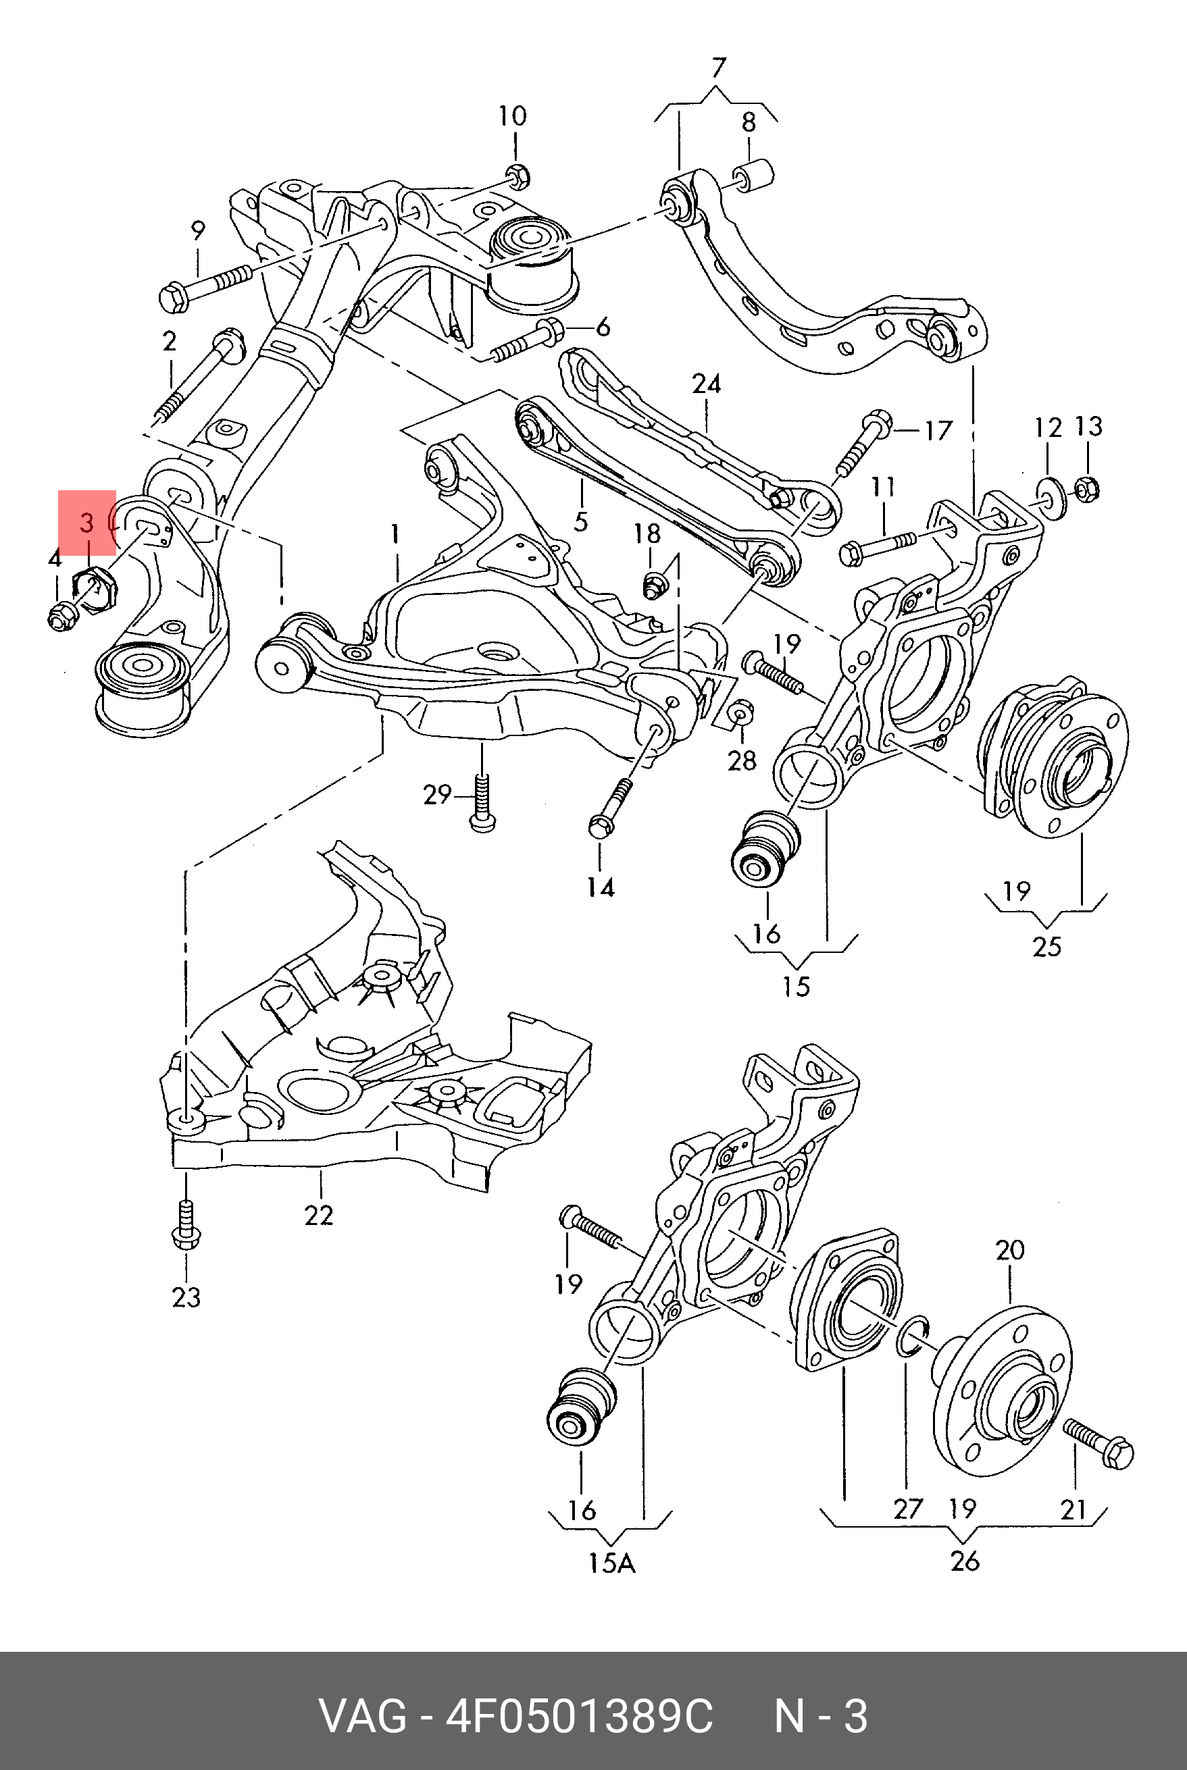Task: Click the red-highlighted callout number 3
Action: click(87, 523)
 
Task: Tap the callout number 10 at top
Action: click(513, 117)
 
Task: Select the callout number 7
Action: click(717, 68)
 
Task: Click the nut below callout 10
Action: click(516, 176)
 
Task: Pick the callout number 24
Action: click(706, 384)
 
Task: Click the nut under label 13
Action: click(1086, 490)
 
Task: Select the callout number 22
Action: click(319, 1216)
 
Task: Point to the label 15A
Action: click(611, 1563)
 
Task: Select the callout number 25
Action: click(1047, 946)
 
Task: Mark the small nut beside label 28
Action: click(740, 711)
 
